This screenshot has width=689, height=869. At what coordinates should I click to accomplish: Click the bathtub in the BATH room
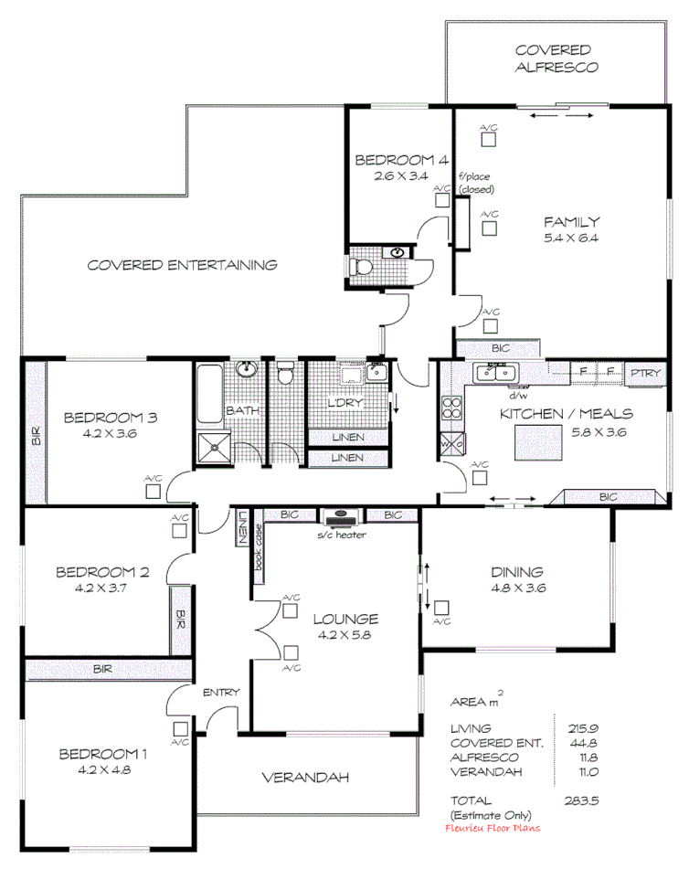tap(207, 394)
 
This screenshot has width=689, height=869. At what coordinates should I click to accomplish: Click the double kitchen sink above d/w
tap(496, 373)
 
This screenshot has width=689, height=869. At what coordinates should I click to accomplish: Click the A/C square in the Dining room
tap(442, 607)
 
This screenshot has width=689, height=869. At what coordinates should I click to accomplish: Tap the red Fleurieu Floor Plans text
tap(492, 828)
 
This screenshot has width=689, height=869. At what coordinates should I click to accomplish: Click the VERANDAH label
tap(306, 779)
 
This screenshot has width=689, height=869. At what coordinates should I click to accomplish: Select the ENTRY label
tap(220, 692)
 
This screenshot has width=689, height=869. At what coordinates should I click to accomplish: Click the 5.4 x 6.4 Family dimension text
tap(571, 238)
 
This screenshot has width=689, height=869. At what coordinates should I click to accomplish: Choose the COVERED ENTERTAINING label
tap(182, 265)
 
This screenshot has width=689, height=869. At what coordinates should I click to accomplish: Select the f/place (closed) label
tap(476, 183)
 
